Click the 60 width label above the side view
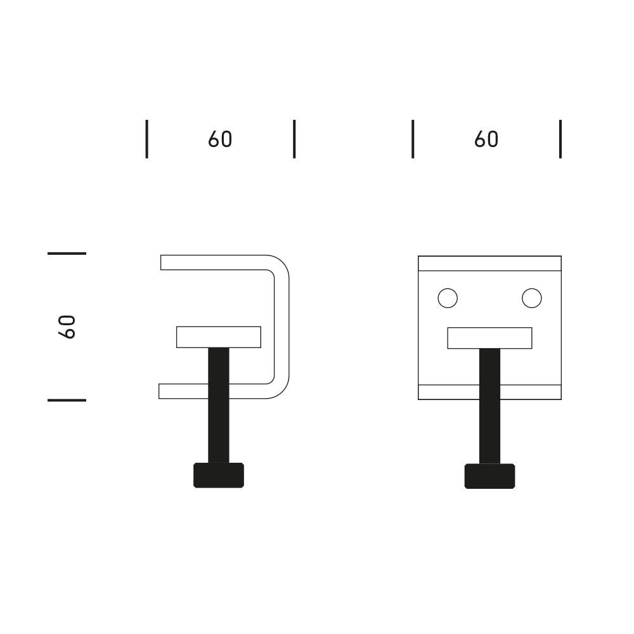coord(220,139)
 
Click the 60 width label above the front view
coord(486,139)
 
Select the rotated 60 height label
coord(67,327)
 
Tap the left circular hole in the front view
coord(448,299)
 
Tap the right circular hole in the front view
coord(532,299)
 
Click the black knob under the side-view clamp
coord(219,475)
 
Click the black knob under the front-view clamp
coord(489,476)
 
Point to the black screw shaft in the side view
coord(219,405)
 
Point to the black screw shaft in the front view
coord(489,406)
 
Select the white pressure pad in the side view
coord(219,337)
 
